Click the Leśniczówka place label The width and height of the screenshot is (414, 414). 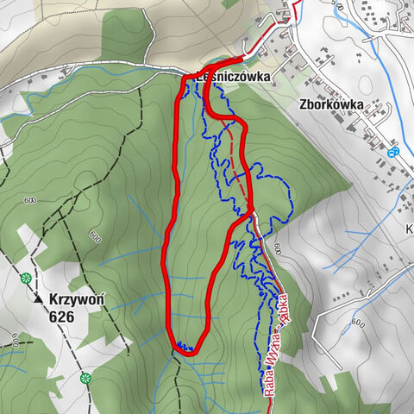234,77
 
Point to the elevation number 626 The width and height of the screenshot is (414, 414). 62,317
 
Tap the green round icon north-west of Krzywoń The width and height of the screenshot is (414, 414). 27,278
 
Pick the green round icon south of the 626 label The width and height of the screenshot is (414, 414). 85,378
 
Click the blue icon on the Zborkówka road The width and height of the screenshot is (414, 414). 394,152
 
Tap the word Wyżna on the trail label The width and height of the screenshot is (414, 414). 274,342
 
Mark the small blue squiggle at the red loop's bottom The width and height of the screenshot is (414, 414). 183,347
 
